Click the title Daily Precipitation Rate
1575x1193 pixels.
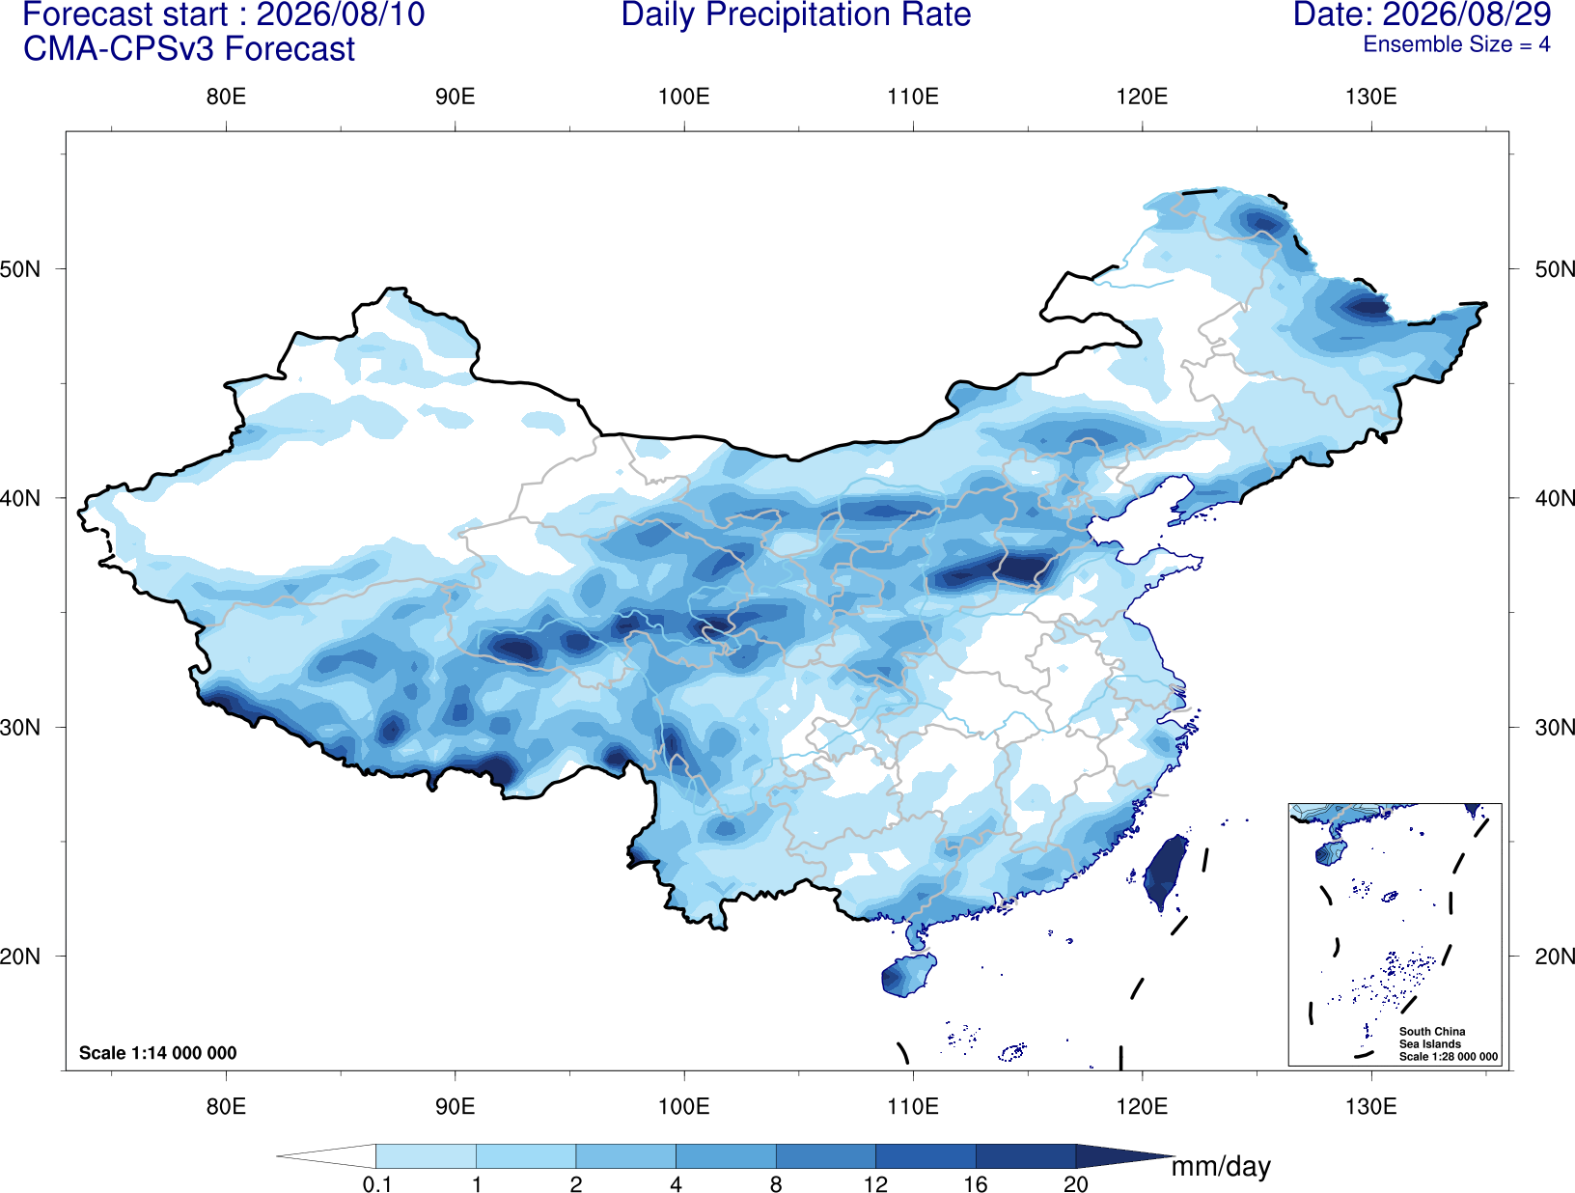pyautogui.click(x=796, y=15)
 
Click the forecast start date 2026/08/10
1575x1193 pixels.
pyautogui.click(x=341, y=15)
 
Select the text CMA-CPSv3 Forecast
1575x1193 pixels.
pyautogui.click(x=189, y=49)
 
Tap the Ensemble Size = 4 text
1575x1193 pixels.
pyautogui.click(x=1456, y=44)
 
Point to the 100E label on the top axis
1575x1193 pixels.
pyautogui.click(x=684, y=97)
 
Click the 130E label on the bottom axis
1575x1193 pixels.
pyautogui.click(x=1371, y=1105)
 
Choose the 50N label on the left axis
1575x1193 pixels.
pyautogui.click(x=20, y=269)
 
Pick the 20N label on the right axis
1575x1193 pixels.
pyautogui.click(x=1555, y=956)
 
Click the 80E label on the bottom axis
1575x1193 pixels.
pyautogui.click(x=226, y=1105)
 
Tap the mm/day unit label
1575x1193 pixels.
pyautogui.click(x=1221, y=1167)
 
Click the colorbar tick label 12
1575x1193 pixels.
pyautogui.click(x=875, y=1183)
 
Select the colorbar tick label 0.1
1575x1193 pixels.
pyautogui.click(x=376, y=1183)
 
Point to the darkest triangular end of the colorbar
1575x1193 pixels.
pyautogui.click(x=1123, y=1155)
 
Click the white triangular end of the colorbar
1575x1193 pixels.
pyautogui.click(x=326, y=1155)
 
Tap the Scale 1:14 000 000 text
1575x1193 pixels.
pyautogui.click(x=158, y=1052)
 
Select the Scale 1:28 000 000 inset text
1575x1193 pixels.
pyautogui.click(x=1449, y=1057)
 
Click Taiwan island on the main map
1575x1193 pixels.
pyautogui.click(x=1164, y=871)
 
